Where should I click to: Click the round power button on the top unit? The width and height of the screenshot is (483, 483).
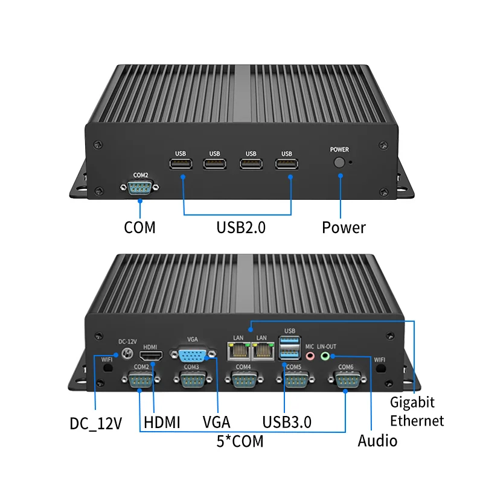pos(340,163)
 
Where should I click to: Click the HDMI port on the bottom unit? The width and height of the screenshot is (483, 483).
pos(151,356)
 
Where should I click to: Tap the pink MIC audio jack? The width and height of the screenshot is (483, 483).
pos(310,356)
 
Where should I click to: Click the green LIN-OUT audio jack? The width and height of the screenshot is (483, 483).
pos(326,356)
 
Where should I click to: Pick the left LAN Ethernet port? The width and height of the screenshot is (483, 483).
pos(235,351)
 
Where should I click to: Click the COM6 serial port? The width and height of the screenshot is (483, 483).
pos(346,381)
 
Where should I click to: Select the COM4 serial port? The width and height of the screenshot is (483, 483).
pos(243,381)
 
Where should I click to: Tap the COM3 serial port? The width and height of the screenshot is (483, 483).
pos(191,381)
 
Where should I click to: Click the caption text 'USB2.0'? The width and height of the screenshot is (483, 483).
pos(241,228)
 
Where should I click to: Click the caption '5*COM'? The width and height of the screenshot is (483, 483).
pos(240,441)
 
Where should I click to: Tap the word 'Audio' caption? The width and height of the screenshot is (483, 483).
pos(377,441)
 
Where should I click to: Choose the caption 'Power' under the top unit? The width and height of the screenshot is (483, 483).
pos(344,228)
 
